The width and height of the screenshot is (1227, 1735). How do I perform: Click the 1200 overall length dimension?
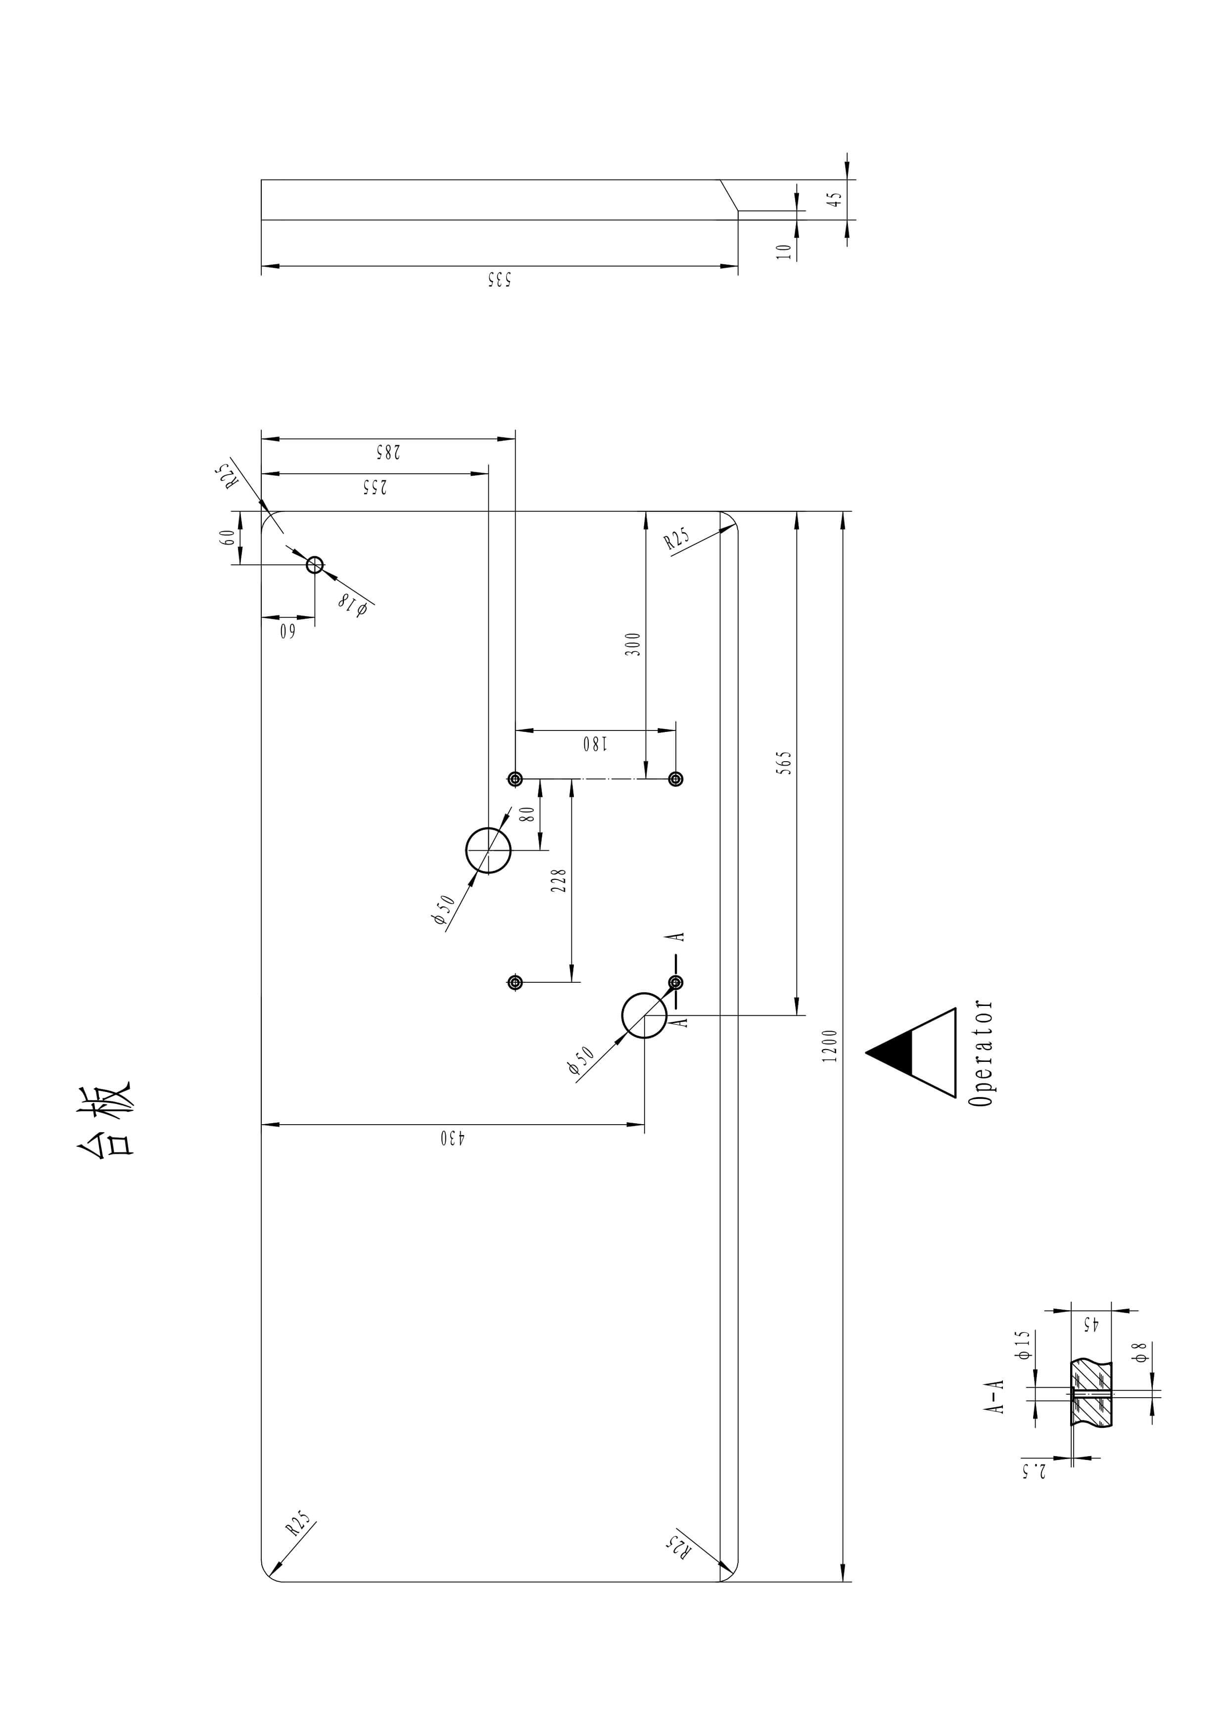pos(830,1046)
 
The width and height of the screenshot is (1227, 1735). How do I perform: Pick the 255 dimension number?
pos(375,487)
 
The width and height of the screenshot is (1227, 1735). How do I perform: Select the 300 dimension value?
pos(633,644)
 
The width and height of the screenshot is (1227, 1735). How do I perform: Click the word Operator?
pos(981,1053)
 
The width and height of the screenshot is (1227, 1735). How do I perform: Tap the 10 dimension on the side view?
pos(785,250)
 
